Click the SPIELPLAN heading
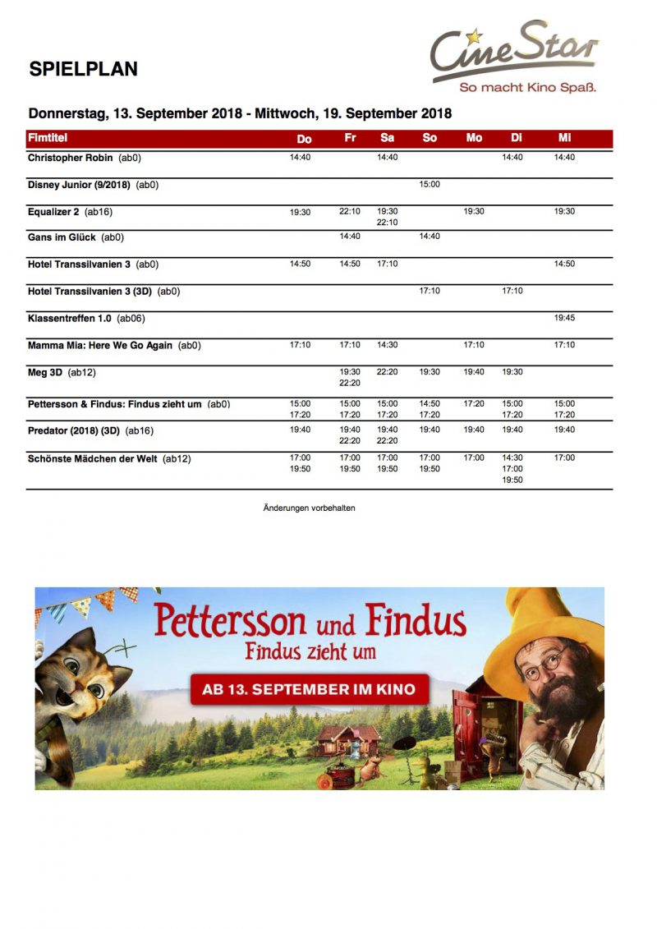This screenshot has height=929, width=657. pos(83,69)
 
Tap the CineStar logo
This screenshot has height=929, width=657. pos(514,57)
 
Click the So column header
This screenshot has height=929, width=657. pos(430,138)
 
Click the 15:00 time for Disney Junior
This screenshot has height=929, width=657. pos(430,185)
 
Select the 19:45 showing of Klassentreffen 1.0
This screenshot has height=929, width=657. pos(564,318)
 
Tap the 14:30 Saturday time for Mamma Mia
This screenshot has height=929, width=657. pos(387,345)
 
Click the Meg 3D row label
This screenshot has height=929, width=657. pos(45,372)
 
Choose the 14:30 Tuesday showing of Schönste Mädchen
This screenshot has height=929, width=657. pos(512,458)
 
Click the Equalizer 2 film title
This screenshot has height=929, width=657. pos(53,212)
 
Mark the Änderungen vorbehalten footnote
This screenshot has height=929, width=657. pos(309,508)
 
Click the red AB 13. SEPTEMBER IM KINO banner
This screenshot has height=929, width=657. pos(310,688)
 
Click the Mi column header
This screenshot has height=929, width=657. pos(564,138)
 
